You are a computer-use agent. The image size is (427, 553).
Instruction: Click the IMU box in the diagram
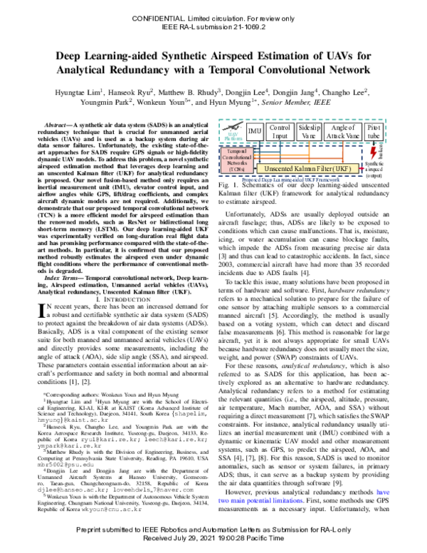[x=255, y=132]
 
